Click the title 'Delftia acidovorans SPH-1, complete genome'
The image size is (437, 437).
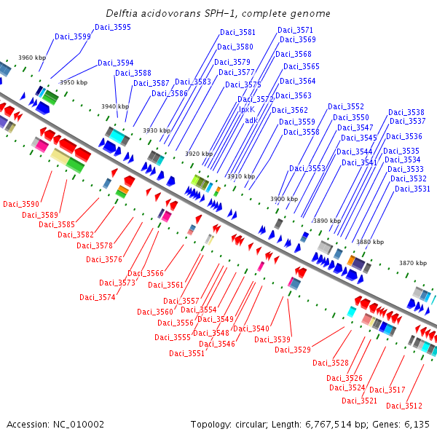coord(218,13)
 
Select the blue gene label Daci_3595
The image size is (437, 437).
coord(113,27)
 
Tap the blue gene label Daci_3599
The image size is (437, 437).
coord(72,36)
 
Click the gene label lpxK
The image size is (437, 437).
coord(247,109)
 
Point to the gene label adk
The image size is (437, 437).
coord(251,120)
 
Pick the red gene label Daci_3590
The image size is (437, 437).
coord(21,204)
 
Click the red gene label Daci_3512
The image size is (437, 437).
coord(404,406)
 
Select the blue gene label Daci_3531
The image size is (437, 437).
coord(412,189)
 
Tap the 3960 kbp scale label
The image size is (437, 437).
coord(32,58)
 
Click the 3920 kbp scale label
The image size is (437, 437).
coord(199,154)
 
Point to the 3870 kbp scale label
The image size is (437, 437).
coord(413,263)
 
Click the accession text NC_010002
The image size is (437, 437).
coord(79,425)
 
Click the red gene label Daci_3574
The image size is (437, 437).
coord(98,297)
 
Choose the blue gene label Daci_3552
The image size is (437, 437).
coord(346,106)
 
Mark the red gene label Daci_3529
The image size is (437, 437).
coord(293,350)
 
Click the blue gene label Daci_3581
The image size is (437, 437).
coord(237,32)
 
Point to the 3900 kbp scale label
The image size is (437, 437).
coord(284,199)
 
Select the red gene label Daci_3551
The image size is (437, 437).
coord(186,353)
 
